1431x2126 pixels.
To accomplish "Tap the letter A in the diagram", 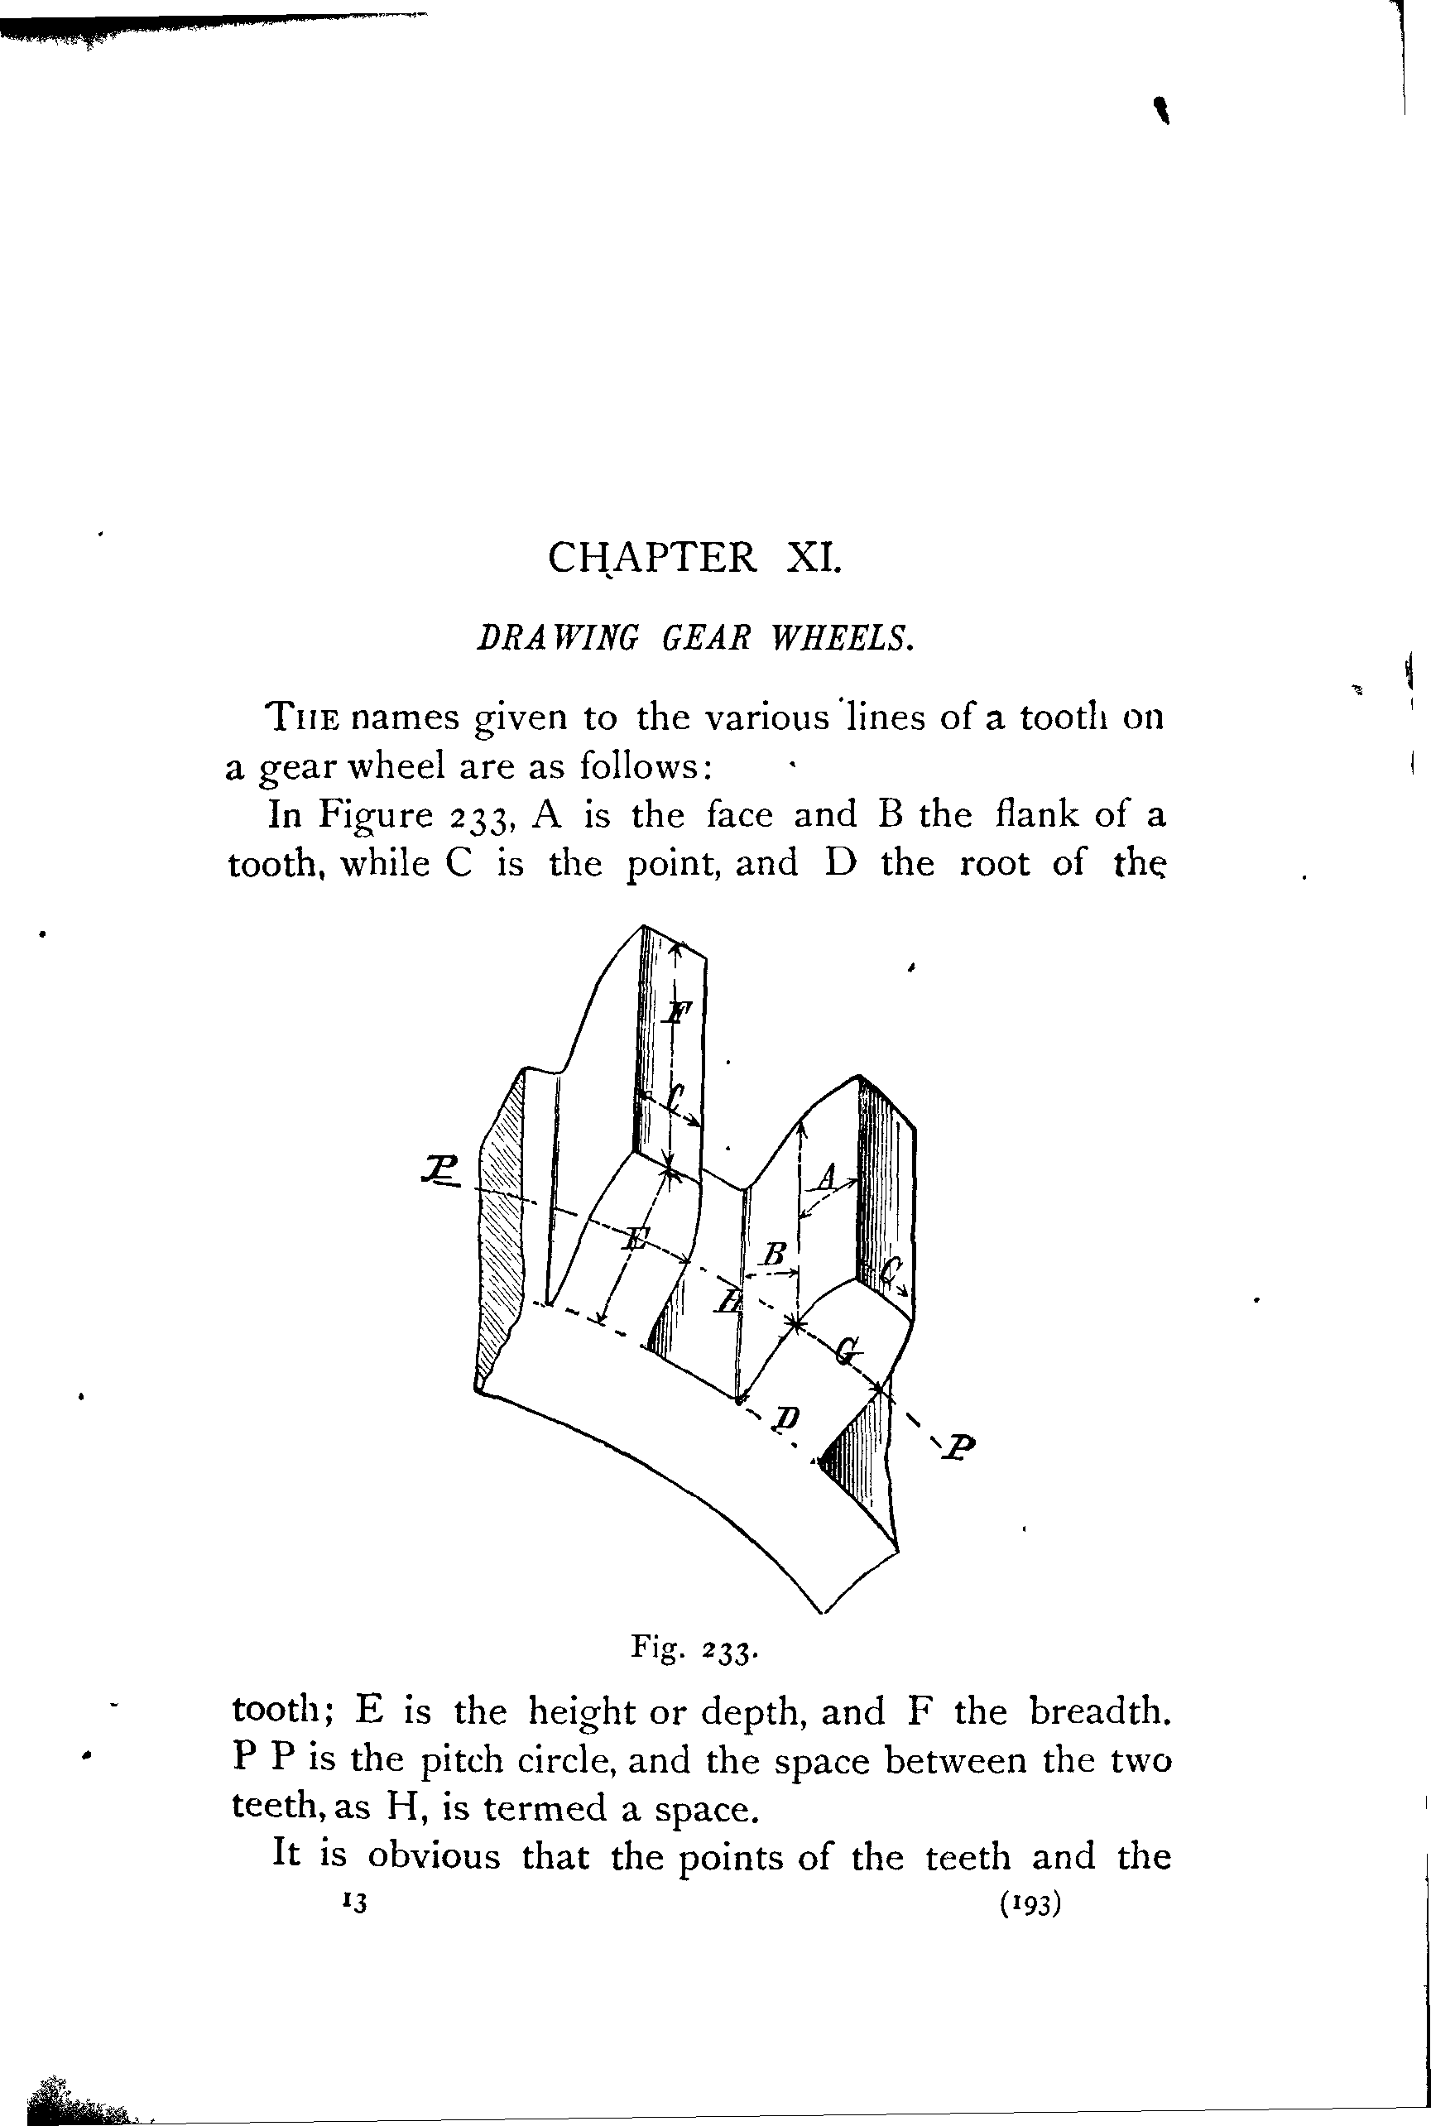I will [x=827, y=1177].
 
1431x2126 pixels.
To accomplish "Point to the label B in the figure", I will [x=774, y=1255].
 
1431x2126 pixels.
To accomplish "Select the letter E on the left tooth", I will [x=636, y=1239].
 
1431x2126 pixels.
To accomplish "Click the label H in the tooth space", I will [x=728, y=1300].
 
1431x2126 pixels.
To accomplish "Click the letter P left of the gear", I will [x=439, y=1169].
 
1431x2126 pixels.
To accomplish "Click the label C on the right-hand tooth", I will [x=891, y=1271].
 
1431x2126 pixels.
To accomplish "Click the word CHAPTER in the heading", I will [x=651, y=557].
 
